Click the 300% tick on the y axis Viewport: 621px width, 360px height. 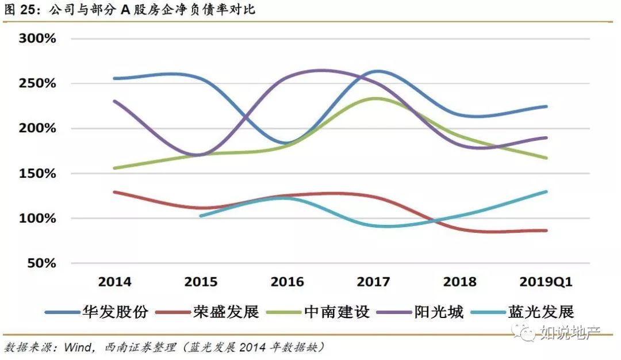pyautogui.click(x=38, y=39)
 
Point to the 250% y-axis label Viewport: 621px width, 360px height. pyautogui.click(x=38, y=83)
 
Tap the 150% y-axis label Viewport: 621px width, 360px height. pyautogui.click(x=38, y=173)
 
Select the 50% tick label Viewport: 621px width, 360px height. pyautogui.click(x=41, y=263)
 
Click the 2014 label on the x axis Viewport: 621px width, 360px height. pyautogui.click(x=114, y=282)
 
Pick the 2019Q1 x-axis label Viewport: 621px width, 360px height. pyautogui.click(x=546, y=282)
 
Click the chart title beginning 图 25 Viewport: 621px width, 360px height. pyautogui.click(x=129, y=10)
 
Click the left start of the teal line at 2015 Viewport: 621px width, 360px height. pyautogui.click(x=201, y=216)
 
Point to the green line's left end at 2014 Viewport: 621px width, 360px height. pyautogui.click(x=115, y=168)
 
